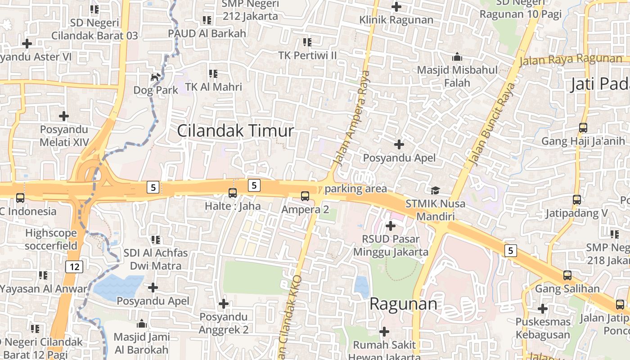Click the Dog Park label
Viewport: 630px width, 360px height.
point(156,90)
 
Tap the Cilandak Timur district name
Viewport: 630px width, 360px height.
point(235,131)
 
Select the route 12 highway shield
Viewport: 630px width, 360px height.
point(74,267)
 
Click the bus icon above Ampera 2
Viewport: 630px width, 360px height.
point(305,196)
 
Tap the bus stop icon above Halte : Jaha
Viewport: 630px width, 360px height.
point(233,193)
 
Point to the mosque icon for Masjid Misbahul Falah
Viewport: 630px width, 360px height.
point(457,57)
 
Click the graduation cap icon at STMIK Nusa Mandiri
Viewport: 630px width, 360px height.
point(435,190)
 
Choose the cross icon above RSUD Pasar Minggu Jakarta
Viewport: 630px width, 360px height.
point(391,225)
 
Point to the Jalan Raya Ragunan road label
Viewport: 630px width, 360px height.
point(571,59)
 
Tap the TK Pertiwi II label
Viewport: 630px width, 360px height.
point(307,55)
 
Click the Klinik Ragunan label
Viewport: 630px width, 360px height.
point(396,20)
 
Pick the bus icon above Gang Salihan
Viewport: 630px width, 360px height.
point(567,275)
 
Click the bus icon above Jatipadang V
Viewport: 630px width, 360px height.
point(577,200)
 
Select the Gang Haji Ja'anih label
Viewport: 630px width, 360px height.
point(583,141)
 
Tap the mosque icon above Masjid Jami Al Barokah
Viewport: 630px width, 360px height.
point(142,324)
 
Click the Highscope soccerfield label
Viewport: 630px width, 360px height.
point(51,239)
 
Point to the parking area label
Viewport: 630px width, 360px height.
point(355,189)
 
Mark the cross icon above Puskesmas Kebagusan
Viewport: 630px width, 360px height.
point(543,309)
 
